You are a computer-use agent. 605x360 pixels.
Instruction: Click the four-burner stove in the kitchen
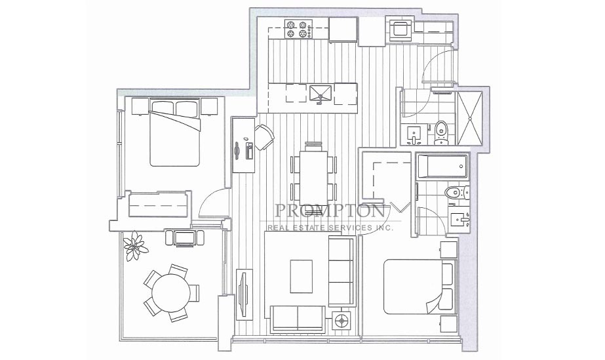(x=298, y=30)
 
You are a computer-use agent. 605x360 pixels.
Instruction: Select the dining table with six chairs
(x=313, y=173)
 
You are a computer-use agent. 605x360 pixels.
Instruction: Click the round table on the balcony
(x=171, y=292)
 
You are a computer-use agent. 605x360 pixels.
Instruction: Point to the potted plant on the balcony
(x=135, y=245)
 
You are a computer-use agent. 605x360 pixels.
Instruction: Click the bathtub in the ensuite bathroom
(x=442, y=167)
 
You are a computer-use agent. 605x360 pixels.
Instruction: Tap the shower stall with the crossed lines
(x=469, y=118)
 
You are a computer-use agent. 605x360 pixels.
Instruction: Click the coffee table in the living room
(x=302, y=276)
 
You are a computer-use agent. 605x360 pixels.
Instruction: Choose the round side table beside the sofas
(x=341, y=320)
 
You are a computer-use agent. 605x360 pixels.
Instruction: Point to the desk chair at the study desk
(x=265, y=137)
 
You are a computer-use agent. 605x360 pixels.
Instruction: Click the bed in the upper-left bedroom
(x=175, y=132)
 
